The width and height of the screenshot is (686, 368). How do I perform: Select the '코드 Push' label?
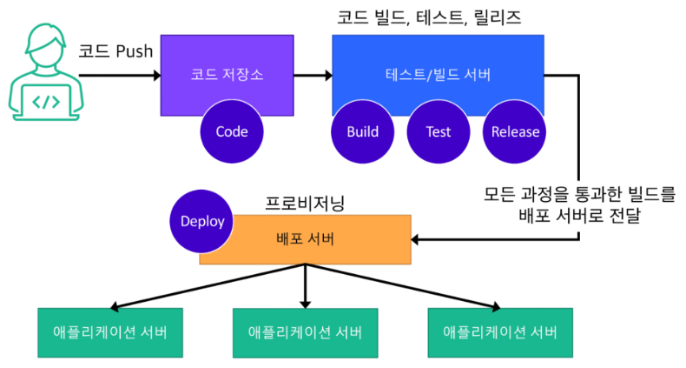(115, 50)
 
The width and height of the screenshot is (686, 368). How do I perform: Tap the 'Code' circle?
(231, 132)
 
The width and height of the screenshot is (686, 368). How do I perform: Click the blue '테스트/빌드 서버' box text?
(438, 74)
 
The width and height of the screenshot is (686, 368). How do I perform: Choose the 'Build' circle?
(362, 132)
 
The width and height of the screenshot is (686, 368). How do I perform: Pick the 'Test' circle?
(439, 132)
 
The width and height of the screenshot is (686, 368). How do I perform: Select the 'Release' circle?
(515, 132)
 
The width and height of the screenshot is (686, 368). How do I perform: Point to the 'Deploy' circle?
(202, 221)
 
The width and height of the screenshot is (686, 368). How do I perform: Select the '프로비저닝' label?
(305, 204)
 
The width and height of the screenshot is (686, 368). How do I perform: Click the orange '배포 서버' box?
(305, 239)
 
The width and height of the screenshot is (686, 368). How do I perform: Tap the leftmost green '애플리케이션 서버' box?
(110, 332)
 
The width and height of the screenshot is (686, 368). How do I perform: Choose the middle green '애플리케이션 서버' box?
(305, 332)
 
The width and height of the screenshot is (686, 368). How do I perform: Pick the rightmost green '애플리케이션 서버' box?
(500, 332)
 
